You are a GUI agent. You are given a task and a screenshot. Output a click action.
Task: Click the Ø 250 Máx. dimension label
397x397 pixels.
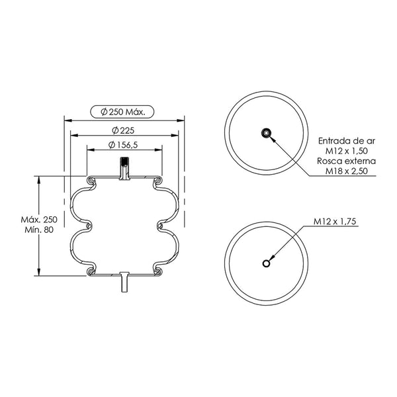123,112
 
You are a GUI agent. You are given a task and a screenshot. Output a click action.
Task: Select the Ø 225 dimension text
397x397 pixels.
123,130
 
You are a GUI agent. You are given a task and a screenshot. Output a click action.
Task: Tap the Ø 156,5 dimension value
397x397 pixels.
123,145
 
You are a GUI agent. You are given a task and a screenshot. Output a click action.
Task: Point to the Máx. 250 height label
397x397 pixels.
39,219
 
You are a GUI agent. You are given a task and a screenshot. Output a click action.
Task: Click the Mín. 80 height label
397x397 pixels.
39,230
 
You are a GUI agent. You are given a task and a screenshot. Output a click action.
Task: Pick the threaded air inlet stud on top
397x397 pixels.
124,168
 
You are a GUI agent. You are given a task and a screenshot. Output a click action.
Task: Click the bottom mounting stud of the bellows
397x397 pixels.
124,282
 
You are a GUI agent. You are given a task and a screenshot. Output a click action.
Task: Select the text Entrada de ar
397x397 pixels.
347,141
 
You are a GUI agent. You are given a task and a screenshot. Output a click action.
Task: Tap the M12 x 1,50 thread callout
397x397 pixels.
347,151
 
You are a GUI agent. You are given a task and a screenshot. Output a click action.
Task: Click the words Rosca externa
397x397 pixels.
347,161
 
